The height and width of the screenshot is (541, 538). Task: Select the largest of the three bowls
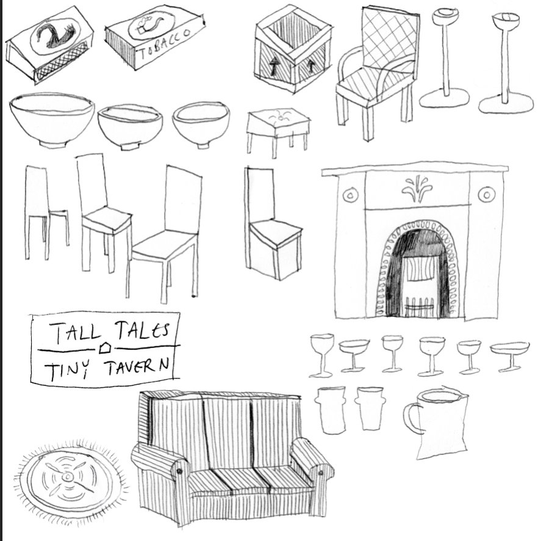click(52, 120)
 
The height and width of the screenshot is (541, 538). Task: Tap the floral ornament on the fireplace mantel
click(417, 189)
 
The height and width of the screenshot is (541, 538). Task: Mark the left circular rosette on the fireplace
click(350, 195)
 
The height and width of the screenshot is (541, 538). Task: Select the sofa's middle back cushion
click(226, 430)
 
